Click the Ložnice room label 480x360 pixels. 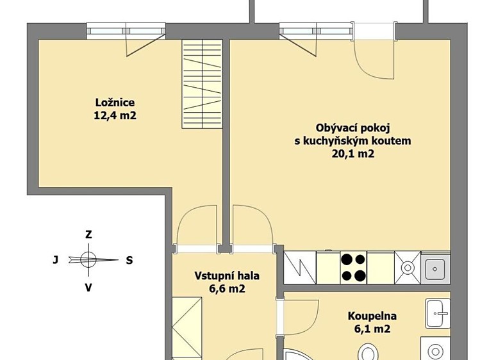(115, 102)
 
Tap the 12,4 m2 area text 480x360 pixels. (115, 115)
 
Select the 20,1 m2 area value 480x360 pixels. (353, 154)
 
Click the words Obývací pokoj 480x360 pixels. (352, 128)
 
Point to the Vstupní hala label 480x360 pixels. (227, 276)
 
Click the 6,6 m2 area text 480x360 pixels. (227, 288)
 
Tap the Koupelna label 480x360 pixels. (372, 316)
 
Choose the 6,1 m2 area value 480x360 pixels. (372, 329)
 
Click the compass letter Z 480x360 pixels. (88, 234)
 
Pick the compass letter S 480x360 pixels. (129, 260)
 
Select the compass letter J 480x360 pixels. (55, 260)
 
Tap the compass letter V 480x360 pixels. (88, 288)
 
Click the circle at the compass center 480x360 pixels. (88, 260)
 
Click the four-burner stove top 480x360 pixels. (353, 268)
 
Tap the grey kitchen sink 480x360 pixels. (435, 268)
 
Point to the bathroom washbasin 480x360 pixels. (438, 313)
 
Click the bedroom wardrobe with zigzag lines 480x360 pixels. (202, 84)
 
